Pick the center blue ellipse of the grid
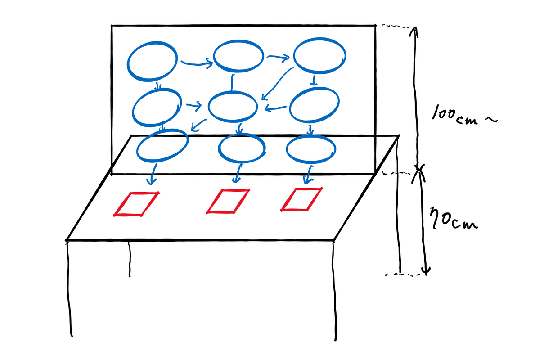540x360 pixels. pyautogui.click(x=233, y=106)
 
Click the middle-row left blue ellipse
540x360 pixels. pyautogui.click(x=157, y=108)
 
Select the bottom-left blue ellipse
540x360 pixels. pyautogui.click(x=162, y=146)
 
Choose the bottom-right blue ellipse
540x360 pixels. pyautogui.click(x=311, y=148)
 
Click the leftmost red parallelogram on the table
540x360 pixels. pyautogui.click(x=136, y=204)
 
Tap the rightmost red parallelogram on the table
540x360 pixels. pyautogui.click(x=301, y=199)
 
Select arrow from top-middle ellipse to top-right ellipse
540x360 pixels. pyautogui.click(x=277, y=57)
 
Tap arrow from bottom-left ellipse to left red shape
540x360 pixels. pyautogui.click(x=153, y=175)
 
